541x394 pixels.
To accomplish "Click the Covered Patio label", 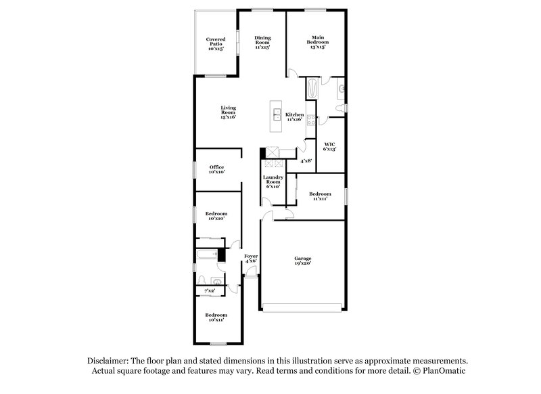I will (216, 43).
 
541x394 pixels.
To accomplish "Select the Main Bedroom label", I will (317, 41).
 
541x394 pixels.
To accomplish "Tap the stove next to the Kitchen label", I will (310, 120).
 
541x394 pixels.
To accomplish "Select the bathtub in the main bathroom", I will (312, 89).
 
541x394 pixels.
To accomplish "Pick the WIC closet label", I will (330, 146).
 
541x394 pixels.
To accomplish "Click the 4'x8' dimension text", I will (306, 161).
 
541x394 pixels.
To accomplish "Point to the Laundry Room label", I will (272, 181).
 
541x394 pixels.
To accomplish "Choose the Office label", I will (216, 169).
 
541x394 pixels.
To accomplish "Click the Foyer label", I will (251, 257).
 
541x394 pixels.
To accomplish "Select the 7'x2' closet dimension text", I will (210, 290).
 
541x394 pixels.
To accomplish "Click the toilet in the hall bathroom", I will (202, 279).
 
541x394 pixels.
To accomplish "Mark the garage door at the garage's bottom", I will (302, 309).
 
